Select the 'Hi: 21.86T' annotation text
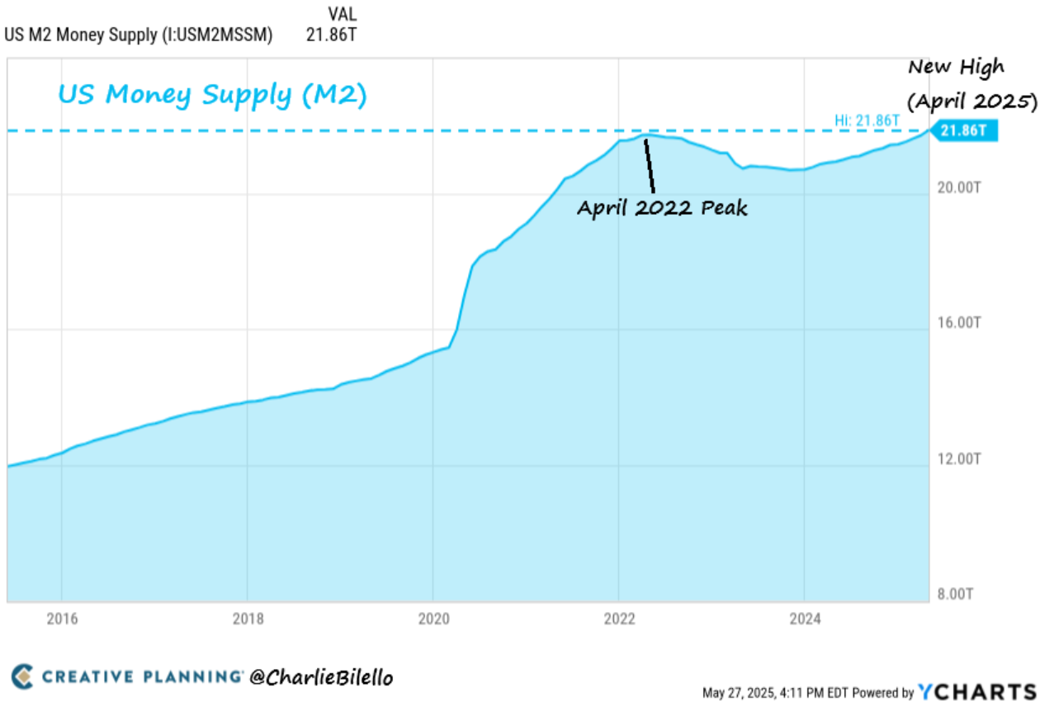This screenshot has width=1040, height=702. (866, 121)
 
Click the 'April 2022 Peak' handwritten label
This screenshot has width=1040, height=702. (662, 207)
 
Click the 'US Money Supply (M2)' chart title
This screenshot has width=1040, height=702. (212, 95)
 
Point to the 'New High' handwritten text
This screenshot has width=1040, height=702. (957, 68)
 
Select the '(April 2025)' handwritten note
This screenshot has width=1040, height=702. (971, 102)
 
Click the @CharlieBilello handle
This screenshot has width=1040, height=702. (320, 677)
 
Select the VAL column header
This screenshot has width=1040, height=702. (342, 15)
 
